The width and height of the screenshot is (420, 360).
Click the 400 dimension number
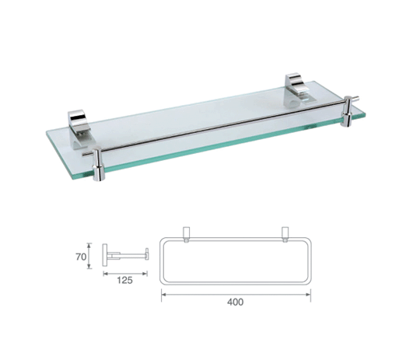click(236, 302)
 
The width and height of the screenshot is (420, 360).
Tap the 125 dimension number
click(124, 281)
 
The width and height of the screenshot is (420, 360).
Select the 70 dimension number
click(81, 257)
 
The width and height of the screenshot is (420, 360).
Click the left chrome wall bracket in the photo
click(79, 129)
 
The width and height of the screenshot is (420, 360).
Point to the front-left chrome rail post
click(98, 164)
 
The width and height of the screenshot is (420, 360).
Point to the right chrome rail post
click(348, 111)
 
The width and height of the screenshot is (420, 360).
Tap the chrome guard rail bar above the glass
click(220, 126)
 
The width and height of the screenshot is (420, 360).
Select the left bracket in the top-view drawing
click(186, 234)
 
